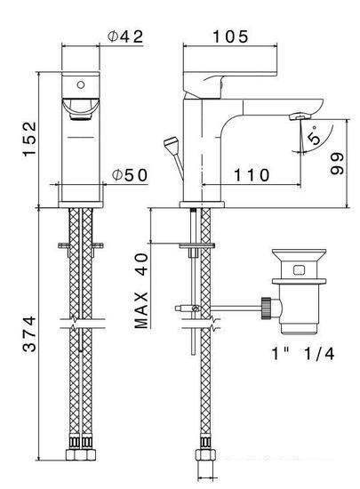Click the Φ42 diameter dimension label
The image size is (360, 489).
click(x=125, y=36)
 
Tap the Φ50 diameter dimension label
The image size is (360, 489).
click(x=130, y=175)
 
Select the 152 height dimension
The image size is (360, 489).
click(x=30, y=139)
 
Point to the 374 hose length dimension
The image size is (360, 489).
click(x=30, y=334)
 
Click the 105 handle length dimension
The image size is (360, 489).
click(x=230, y=36)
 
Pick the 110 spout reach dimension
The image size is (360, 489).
click(x=252, y=175)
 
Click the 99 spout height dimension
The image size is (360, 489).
click(x=337, y=164)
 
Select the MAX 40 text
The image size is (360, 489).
click(x=141, y=291)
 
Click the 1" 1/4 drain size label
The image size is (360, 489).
click(x=302, y=354)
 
